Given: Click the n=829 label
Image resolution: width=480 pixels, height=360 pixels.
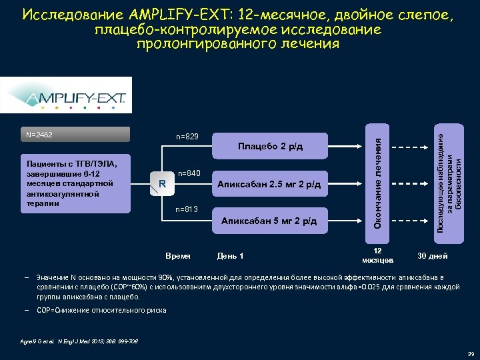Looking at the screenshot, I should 187,137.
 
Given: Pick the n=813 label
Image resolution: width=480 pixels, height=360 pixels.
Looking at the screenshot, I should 187,209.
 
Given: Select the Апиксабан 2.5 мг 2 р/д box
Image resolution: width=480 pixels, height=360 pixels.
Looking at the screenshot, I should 271,184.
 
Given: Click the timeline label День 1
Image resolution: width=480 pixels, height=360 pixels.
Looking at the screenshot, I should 231,256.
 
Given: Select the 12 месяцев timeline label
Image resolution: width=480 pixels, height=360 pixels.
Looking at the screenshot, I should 377,253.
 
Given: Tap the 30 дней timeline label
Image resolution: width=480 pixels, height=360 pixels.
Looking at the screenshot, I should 433,256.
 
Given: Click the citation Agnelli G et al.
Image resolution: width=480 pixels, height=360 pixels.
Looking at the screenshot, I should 59,343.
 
